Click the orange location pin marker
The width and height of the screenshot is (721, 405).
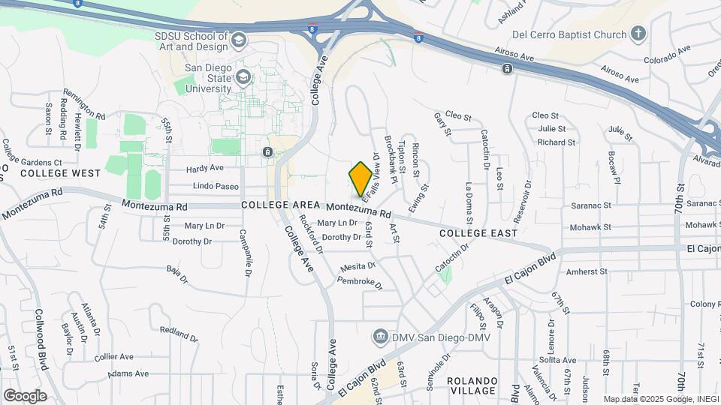pos(360,178)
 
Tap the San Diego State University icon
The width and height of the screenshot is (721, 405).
pos(243,76)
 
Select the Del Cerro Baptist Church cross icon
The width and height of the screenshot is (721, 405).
pos(638,34)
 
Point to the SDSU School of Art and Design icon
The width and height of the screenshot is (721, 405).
pos(240,40)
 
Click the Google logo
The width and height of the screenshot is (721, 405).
pos(24,395)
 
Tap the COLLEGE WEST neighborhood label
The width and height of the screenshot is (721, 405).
pos(60,173)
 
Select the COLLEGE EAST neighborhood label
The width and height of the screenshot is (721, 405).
pos(478,233)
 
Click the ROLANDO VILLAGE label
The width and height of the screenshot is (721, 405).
pos(472,385)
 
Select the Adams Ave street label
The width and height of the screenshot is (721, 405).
pos(128,373)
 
